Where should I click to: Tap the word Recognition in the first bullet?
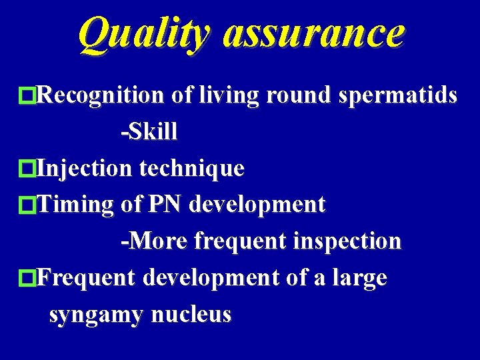(101, 96)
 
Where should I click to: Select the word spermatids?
(398, 96)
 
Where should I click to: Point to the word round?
(299, 96)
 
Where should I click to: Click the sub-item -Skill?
(149, 132)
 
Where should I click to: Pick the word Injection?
(85, 168)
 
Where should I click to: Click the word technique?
(191, 168)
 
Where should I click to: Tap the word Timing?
(75, 204)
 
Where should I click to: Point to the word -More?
(154, 241)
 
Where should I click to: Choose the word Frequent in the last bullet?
(86, 277)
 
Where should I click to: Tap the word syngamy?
(97, 314)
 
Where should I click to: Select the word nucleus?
(191, 314)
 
